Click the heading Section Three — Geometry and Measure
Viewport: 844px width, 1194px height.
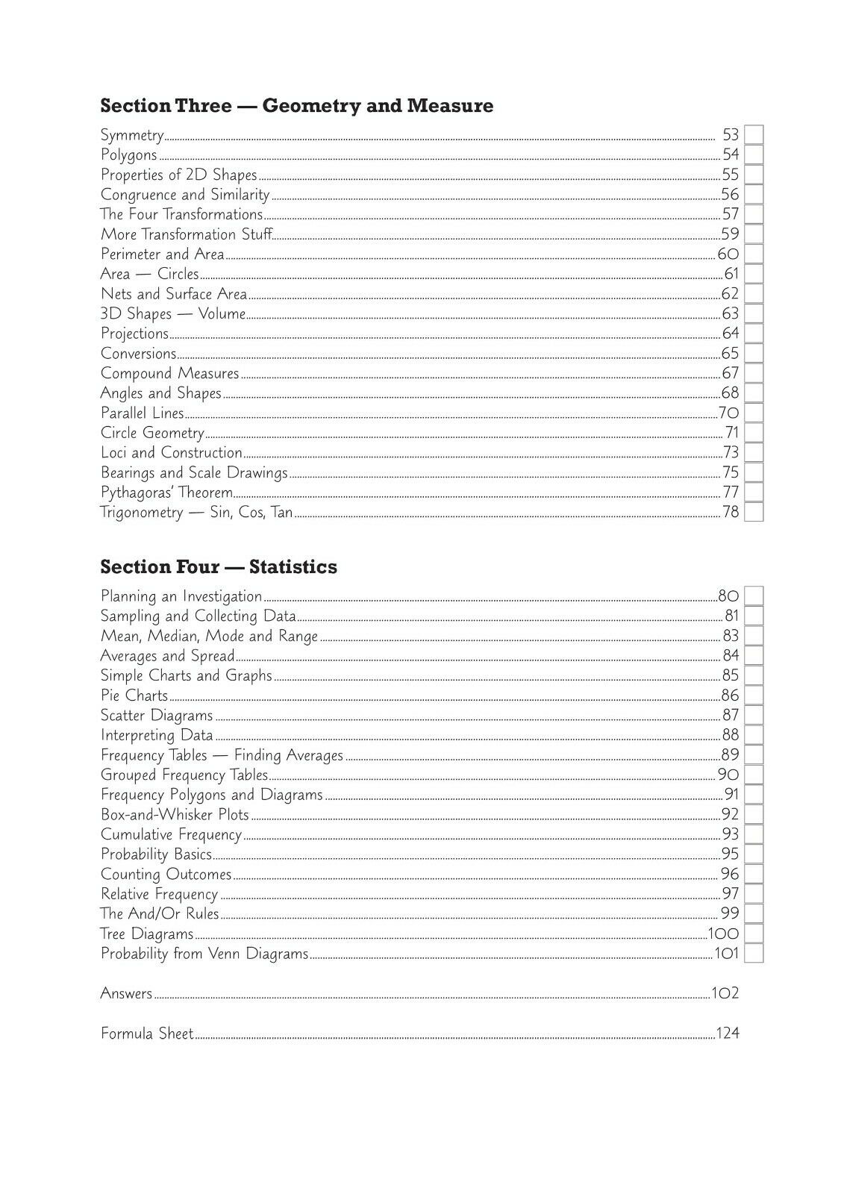point(296,106)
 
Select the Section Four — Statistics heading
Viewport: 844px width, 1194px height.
point(219,567)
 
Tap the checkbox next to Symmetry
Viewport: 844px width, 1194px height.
point(754,135)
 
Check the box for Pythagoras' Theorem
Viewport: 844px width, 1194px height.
point(754,493)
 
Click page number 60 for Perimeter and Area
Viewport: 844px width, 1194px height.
point(728,254)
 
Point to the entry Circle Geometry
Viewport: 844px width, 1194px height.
point(152,433)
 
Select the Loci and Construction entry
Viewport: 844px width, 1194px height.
point(172,453)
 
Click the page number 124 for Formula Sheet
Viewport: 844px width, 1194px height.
point(728,1034)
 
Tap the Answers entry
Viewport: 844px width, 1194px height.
point(126,994)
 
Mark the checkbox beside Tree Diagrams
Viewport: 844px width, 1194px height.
point(754,934)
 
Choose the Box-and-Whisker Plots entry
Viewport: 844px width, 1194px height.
point(175,815)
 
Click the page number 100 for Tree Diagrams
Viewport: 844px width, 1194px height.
point(723,934)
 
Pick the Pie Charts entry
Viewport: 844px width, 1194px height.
point(134,696)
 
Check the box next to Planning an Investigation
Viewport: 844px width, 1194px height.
point(754,596)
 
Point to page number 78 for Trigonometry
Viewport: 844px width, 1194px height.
point(730,513)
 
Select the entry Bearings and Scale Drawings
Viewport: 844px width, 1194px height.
point(194,473)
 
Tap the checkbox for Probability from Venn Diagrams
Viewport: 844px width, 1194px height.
point(754,954)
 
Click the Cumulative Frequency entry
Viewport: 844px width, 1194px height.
point(171,835)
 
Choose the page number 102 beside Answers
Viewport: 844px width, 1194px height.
point(725,994)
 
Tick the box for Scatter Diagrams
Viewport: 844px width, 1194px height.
point(754,716)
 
